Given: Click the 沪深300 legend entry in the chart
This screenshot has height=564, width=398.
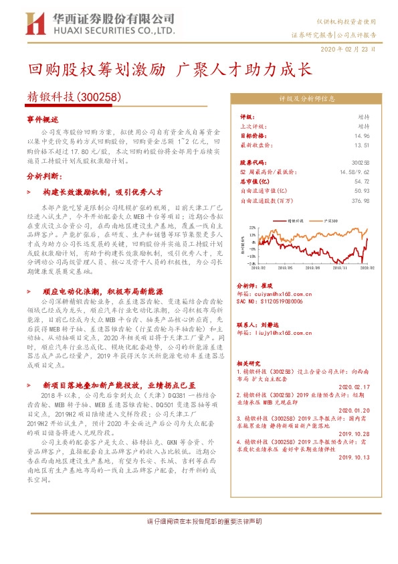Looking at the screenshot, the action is (329, 219).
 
